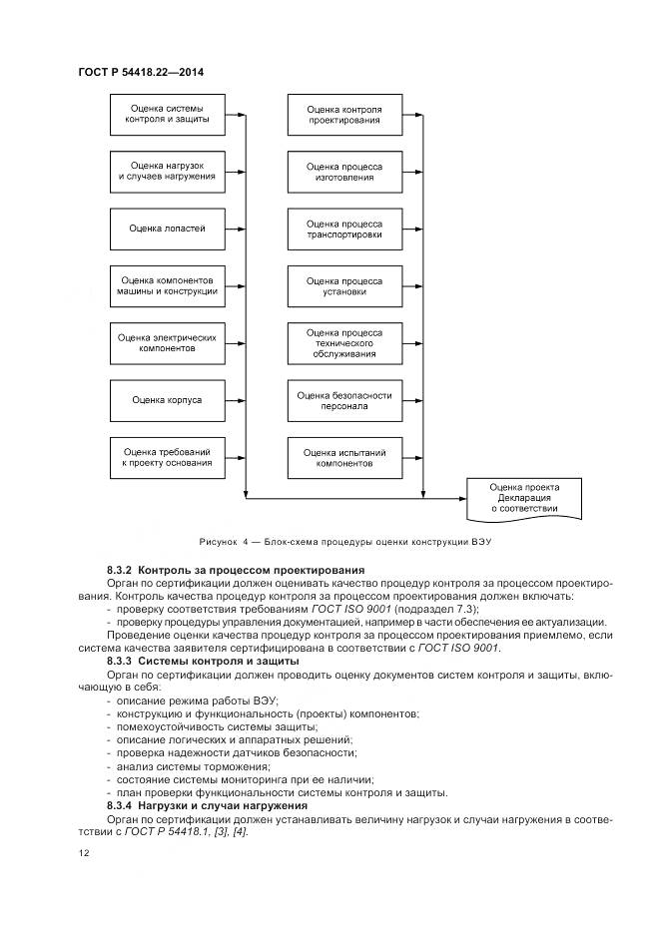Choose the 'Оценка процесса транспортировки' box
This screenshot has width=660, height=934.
[343, 229]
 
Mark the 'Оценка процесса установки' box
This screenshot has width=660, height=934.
[343, 285]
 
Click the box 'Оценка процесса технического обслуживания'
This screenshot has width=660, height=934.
[343, 342]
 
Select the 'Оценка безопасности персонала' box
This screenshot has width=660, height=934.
[343, 400]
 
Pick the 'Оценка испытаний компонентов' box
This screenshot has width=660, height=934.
[343, 457]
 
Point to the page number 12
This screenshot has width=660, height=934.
[83, 853]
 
